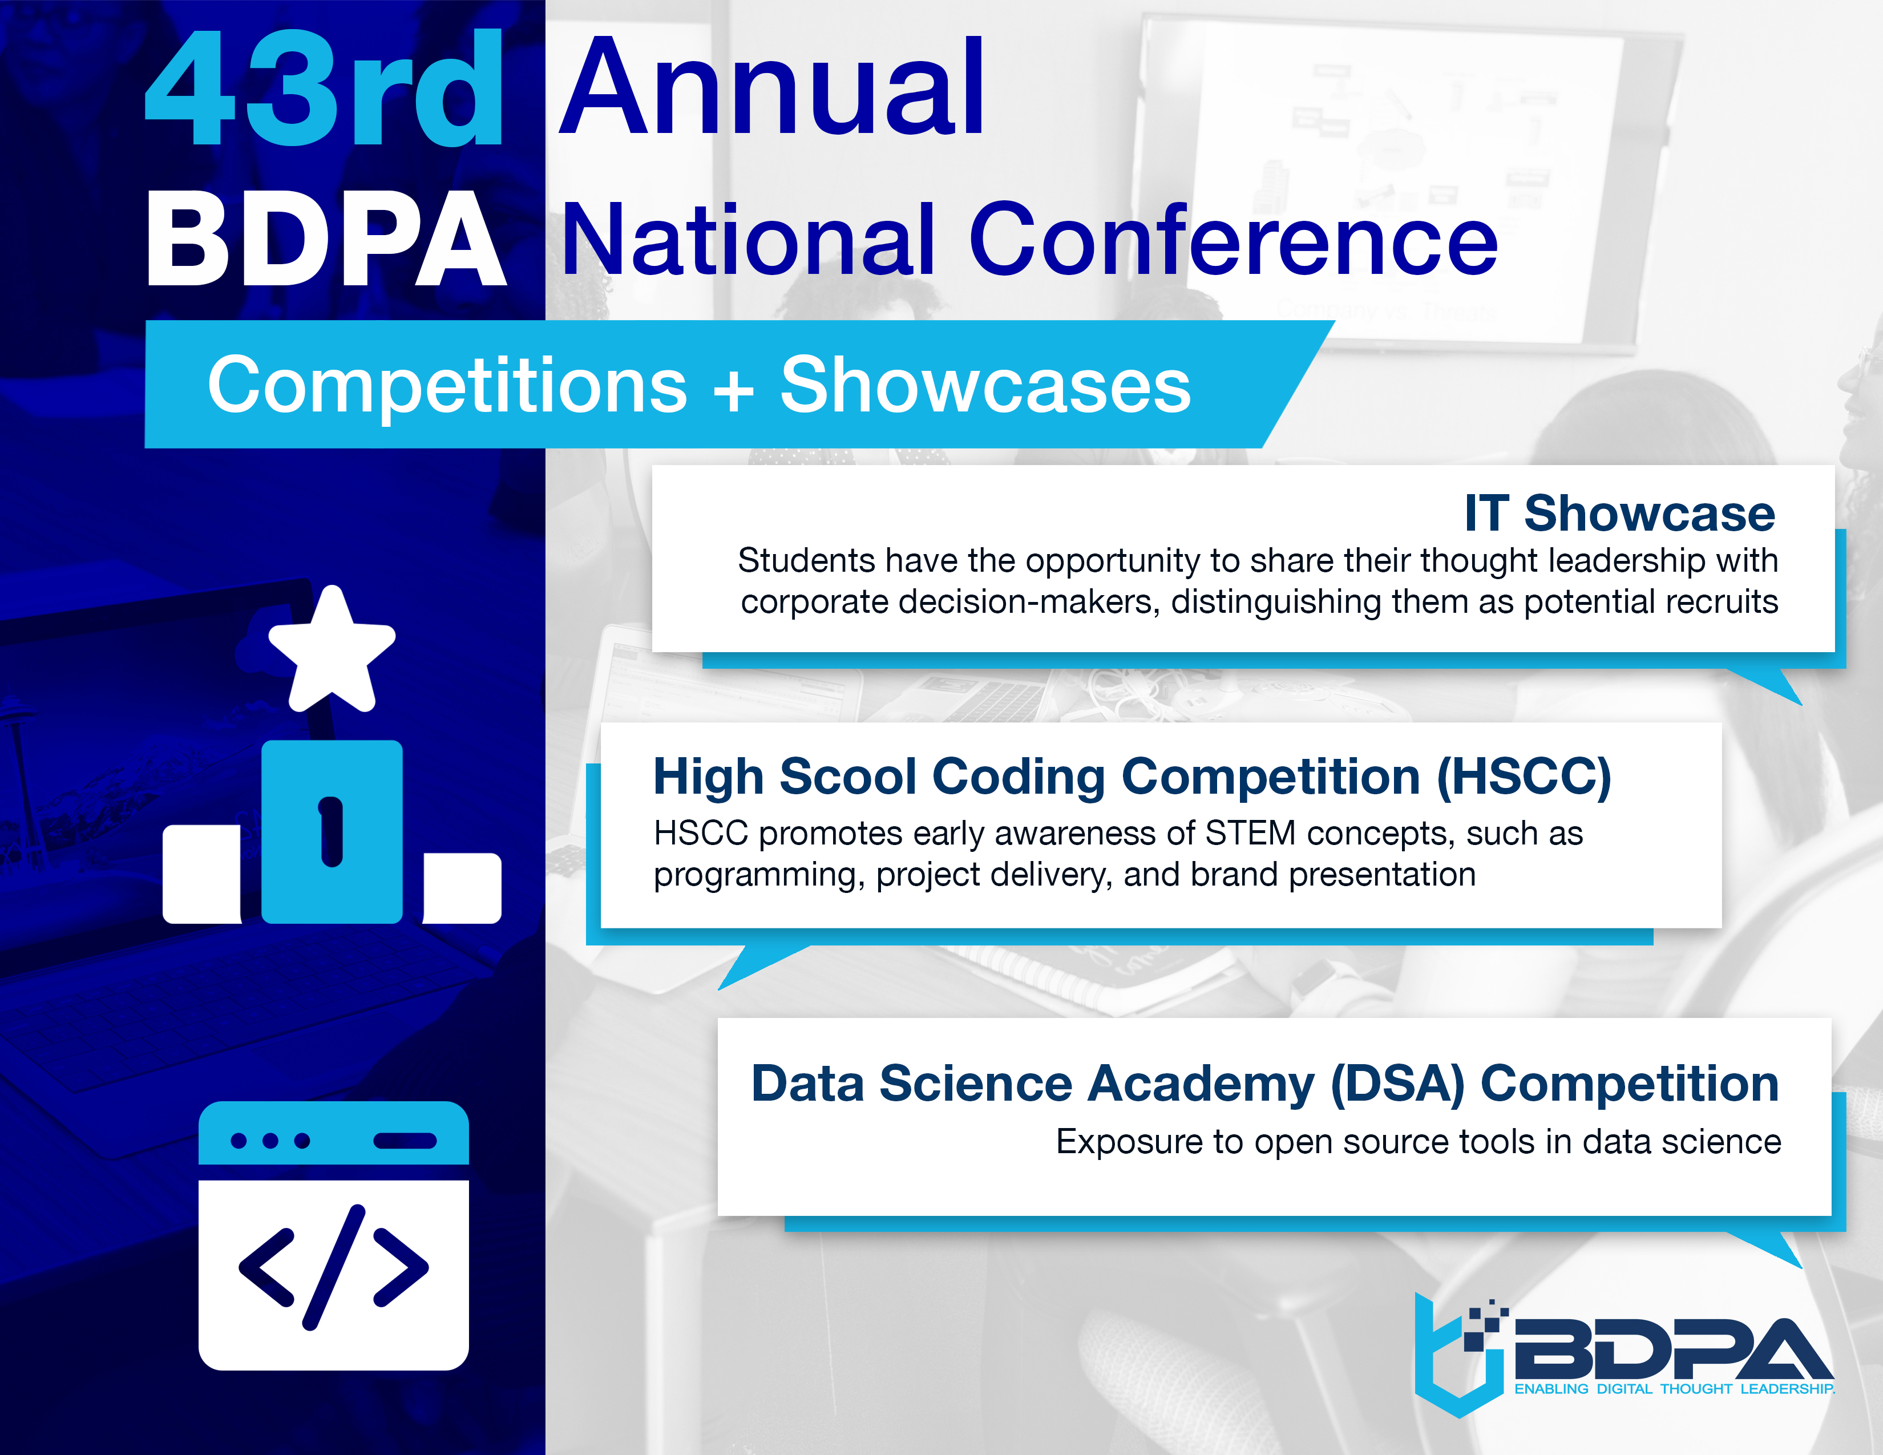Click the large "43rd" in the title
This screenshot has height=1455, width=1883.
pyautogui.click(x=324, y=88)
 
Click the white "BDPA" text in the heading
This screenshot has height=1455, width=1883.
pyautogui.click(x=326, y=239)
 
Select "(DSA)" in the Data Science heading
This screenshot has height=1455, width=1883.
pyautogui.click(x=1397, y=1084)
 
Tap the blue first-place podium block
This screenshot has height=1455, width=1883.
pyautogui.click(x=332, y=832)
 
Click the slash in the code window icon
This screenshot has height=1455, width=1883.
pyautogui.click(x=334, y=1268)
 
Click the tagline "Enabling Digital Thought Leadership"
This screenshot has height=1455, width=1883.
pyautogui.click(x=1674, y=1389)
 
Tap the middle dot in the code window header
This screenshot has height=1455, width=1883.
pyautogui.click(x=270, y=1141)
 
